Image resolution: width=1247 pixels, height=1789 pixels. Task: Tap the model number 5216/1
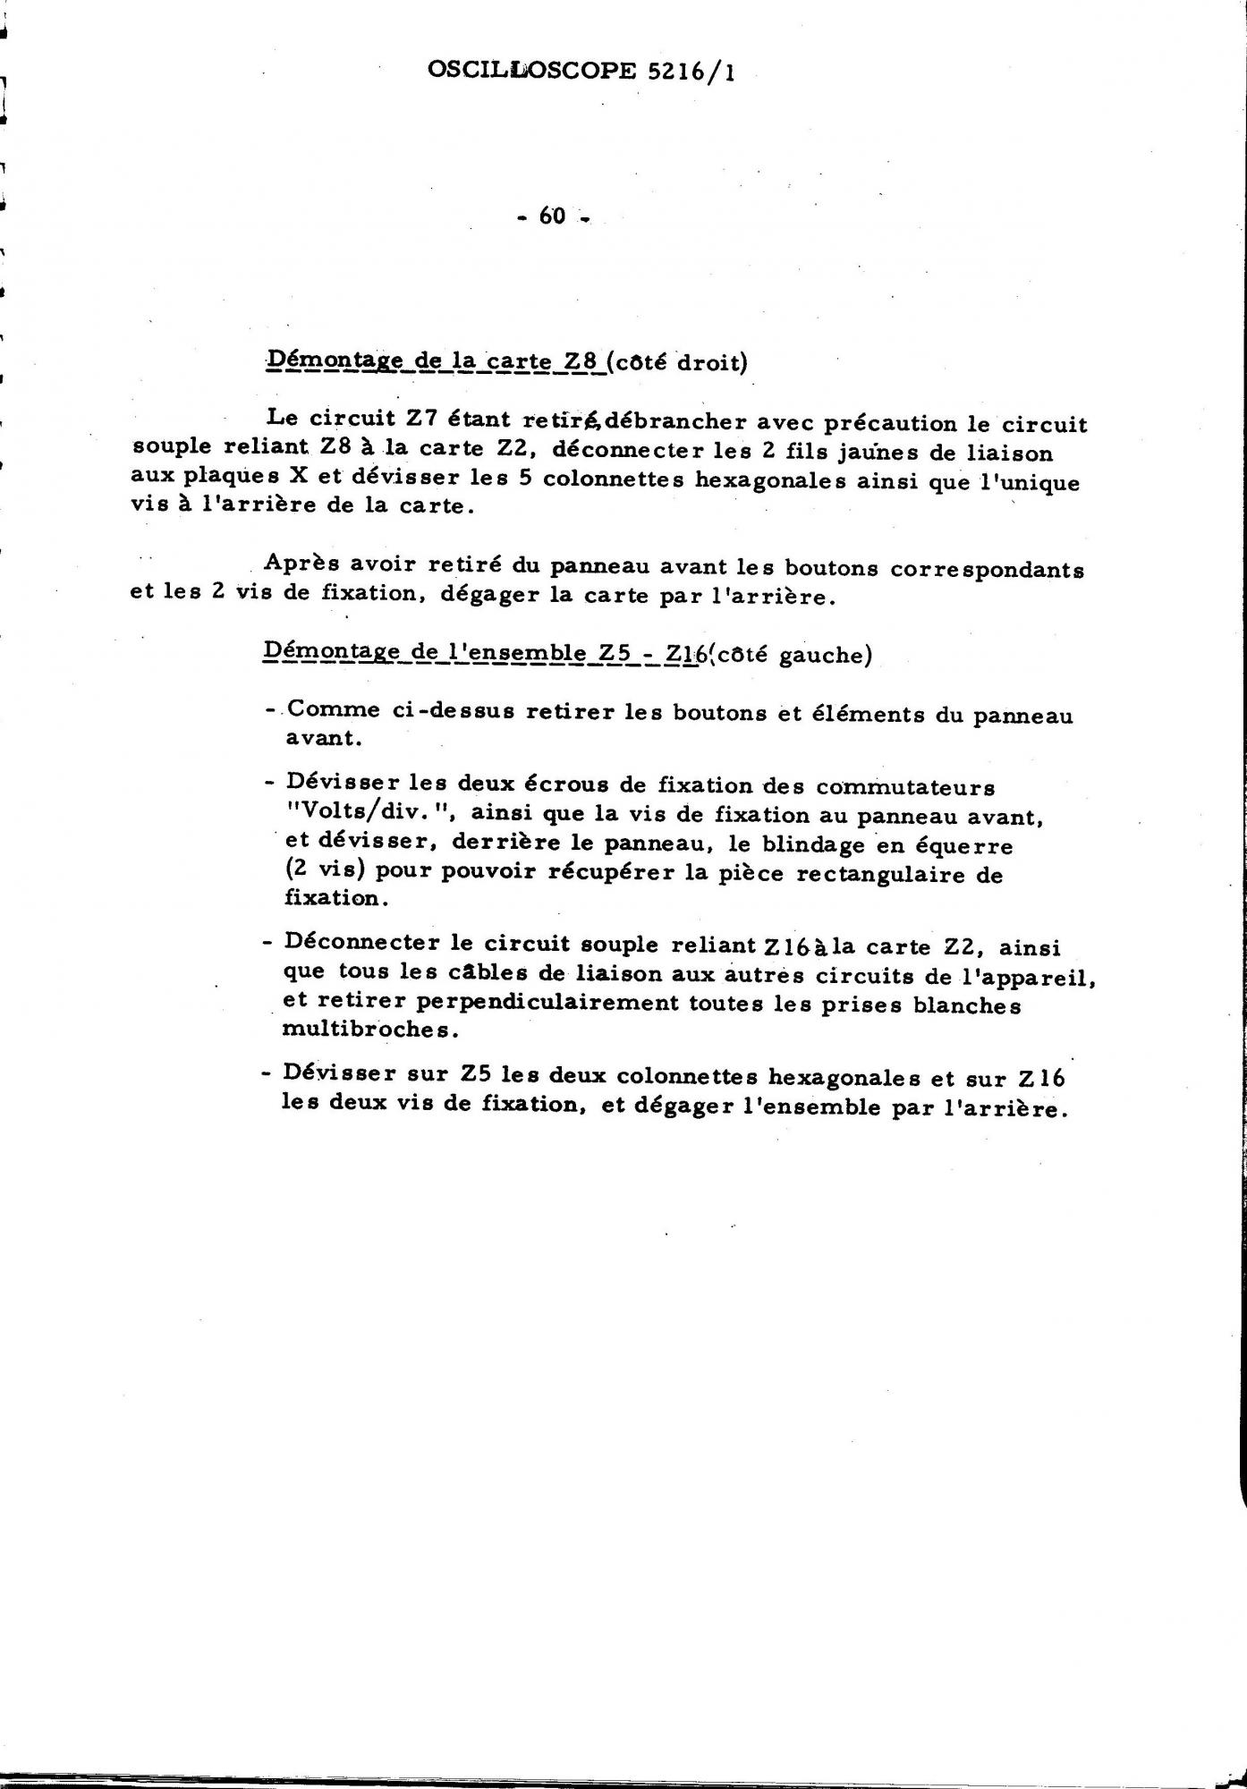coord(689,72)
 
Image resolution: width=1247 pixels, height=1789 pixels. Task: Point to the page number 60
coord(553,216)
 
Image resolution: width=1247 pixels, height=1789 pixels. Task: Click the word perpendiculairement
coord(531,1003)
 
